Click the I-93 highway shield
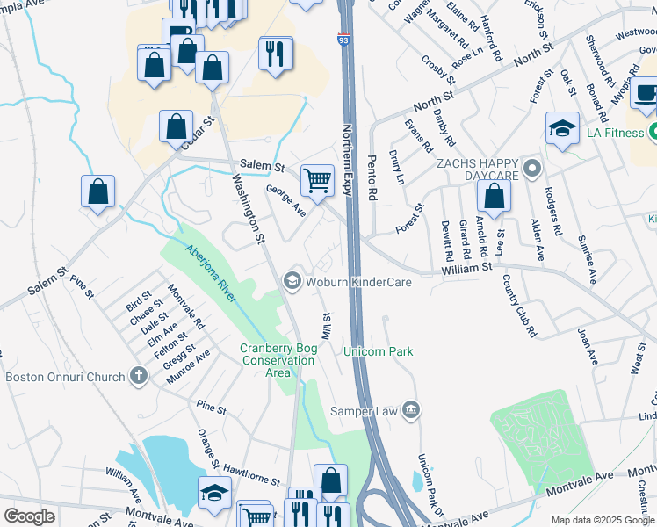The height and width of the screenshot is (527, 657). pyautogui.click(x=342, y=39)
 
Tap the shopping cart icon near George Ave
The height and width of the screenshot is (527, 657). pyautogui.click(x=317, y=181)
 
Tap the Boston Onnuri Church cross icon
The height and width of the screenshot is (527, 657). pyautogui.click(x=137, y=377)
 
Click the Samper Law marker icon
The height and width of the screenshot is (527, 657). pyautogui.click(x=412, y=409)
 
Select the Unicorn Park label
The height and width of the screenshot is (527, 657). pyautogui.click(x=378, y=351)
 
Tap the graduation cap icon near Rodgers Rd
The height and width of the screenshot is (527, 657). pyautogui.click(x=561, y=129)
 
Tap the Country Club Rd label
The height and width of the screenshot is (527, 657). pyautogui.click(x=518, y=306)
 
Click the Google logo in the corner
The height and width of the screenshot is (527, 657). pyautogui.click(x=29, y=516)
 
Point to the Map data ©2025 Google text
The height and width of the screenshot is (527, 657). pyautogui.click(x=602, y=520)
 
